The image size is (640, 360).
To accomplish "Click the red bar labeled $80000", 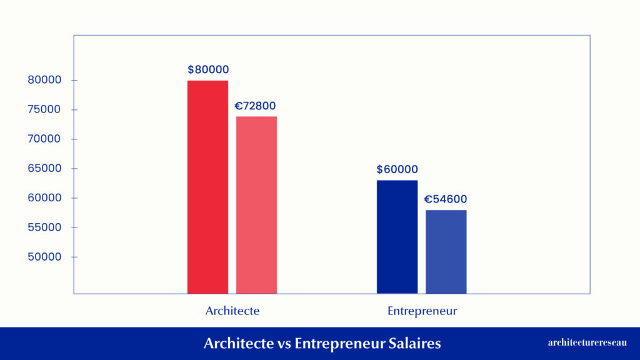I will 207,187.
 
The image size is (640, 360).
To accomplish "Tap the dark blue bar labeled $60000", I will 397,237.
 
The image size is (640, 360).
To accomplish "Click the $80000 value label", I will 208,70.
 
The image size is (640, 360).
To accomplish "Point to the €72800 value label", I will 255,106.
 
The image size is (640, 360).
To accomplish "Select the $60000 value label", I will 397,169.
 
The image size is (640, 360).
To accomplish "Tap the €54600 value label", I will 446,199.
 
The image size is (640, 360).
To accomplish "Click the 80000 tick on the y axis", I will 44,80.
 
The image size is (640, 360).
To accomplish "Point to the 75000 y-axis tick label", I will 44,109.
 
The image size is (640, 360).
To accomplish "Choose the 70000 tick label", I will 44,139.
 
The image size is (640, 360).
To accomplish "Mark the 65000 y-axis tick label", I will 44,168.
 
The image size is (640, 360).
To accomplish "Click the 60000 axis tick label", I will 44,197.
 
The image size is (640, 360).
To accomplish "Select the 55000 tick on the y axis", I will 44,227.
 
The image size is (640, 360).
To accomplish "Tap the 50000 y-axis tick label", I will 44,257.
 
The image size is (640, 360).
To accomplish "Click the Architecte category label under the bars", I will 232,311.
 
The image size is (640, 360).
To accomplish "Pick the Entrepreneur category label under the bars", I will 422,311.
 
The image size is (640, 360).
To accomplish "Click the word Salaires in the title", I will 413,343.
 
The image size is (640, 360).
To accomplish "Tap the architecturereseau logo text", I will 587,342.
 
